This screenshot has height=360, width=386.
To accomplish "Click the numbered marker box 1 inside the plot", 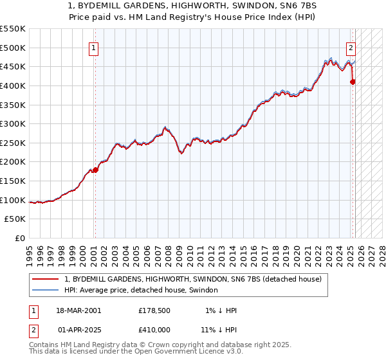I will (94, 48).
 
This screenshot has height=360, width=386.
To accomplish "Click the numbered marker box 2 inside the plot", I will (351, 48).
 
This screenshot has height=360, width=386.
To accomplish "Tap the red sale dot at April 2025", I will (353, 82).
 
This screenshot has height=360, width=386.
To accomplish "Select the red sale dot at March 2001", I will (95, 170).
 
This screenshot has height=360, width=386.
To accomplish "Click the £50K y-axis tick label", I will (15, 219).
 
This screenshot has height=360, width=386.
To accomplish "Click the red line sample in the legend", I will (45, 279).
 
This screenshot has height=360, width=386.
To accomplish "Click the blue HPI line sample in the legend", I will (45, 290).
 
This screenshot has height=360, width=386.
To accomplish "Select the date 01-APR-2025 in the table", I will (78, 329).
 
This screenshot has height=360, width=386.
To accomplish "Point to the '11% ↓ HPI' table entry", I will (218, 329).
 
